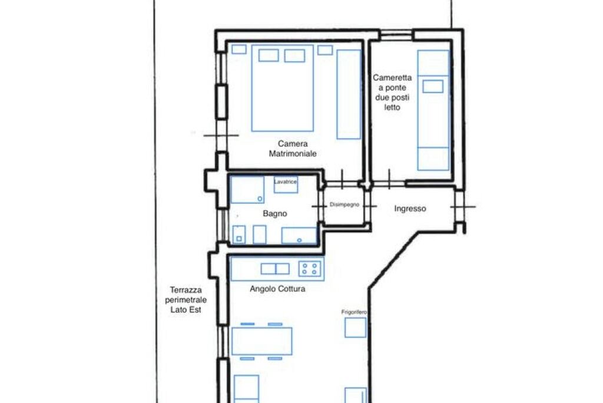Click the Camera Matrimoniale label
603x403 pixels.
point(293,148)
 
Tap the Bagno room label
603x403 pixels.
point(275,213)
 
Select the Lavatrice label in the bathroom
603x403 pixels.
point(286,181)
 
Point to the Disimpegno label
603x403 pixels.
point(344,204)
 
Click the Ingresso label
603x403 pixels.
point(410,209)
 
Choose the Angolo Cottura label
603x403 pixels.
point(277,289)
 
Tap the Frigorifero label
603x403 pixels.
point(354,312)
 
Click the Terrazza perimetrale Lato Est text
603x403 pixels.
point(185,299)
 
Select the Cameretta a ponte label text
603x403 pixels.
point(392,93)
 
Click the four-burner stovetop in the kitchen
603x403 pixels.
point(310,269)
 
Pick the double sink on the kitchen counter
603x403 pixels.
point(275,269)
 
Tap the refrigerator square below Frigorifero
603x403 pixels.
point(355,328)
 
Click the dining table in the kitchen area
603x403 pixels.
point(262,341)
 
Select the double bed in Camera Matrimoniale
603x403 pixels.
point(283,88)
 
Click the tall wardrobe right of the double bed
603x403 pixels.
point(349,94)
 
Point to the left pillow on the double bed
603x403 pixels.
point(269,55)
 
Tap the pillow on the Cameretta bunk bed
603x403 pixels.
point(433,86)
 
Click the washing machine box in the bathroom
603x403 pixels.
point(286,185)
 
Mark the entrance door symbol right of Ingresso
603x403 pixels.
point(463,207)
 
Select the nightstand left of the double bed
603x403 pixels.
point(239,49)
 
